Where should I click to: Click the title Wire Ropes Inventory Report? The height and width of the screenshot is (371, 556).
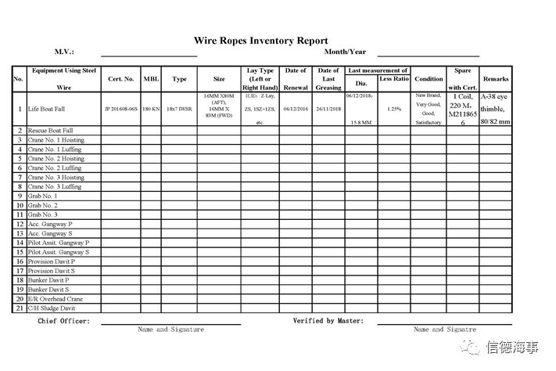pyautogui.click(x=260, y=41)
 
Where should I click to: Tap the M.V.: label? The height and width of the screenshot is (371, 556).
pyautogui.click(x=64, y=52)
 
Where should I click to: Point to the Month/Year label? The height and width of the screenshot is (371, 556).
pyautogui.click(x=345, y=52)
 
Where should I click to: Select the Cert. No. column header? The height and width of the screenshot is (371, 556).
pyautogui.click(x=121, y=79)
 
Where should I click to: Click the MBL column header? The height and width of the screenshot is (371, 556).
pyautogui.click(x=151, y=79)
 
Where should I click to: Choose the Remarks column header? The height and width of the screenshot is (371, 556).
pyautogui.click(x=496, y=79)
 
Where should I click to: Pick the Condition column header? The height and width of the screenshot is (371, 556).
pyautogui.click(x=429, y=79)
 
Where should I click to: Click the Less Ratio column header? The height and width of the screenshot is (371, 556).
pyautogui.click(x=394, y=79)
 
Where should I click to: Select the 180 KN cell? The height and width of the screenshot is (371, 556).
pyautogui.click(x=151, y=110)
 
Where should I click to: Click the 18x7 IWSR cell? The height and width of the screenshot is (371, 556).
pyautogui.click(x=179, y=110)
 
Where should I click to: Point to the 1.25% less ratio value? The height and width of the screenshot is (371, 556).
pyautogui.click(x=394, y=110)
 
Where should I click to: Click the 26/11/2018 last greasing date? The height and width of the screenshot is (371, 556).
pyautogui.click(x=328, y=110)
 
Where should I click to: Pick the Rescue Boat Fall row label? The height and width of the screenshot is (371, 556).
pyautogui.click(x=50, y=131)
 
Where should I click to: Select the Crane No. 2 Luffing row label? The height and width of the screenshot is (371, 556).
pyautogui.click(x=54, y=168)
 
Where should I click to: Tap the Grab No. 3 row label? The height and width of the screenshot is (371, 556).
pyautogui.click(x=42, y=214)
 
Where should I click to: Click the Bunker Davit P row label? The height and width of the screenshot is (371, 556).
pyautogui.click(x=48, y=280)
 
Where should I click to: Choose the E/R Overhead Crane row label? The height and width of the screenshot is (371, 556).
pyautogui.click(x=56, y=299)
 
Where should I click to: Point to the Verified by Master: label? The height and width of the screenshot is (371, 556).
pyautogui.click(x=328, y=321)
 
